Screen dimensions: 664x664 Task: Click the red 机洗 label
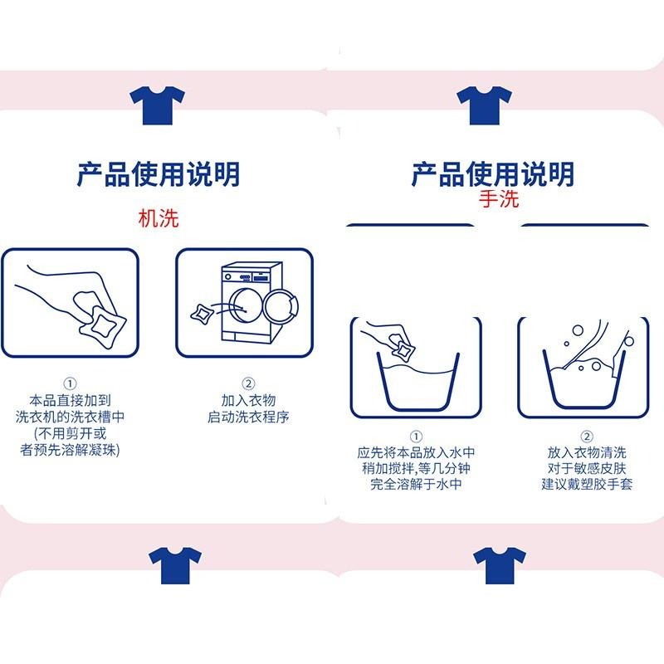(158, 218)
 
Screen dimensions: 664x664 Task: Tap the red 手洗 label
(496, 200)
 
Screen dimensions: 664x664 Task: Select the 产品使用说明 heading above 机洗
(158, 174)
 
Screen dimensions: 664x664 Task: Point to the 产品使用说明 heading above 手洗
(493, 174)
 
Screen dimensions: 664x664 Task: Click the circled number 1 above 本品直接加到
(70, 383)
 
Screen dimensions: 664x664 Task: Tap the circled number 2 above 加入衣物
(247, 383)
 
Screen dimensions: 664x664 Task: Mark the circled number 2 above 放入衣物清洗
(587, 437)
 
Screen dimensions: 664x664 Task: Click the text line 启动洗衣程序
(247, 417)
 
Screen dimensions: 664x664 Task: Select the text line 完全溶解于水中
(415, 484)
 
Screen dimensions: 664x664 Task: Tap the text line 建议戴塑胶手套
(587, 484)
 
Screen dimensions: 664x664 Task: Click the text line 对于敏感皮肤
(587, 468)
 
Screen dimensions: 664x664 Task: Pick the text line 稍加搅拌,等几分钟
(415, 468)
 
